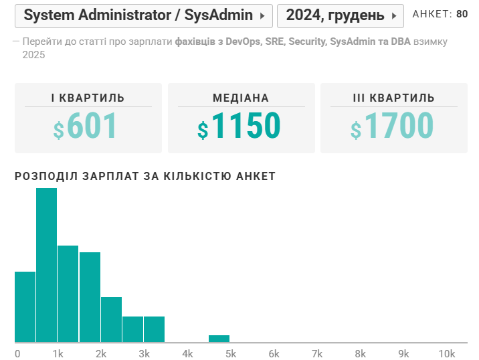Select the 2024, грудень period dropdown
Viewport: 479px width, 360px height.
click(x=340, y=15)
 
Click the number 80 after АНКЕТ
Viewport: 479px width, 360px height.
click(x=462, y=14)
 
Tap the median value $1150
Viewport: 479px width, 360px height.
click(x=239, y=126)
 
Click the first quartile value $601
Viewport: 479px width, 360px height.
click(x=86, y=126)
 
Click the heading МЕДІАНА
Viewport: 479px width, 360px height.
click(x=241, y=98)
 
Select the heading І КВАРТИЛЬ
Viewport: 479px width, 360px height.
click(x=88, y=98)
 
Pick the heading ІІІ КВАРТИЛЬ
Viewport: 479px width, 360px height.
click(x=393, y=98)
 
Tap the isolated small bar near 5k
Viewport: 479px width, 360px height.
click(x=219, y=339)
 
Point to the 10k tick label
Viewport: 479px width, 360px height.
click(x=446, y=353)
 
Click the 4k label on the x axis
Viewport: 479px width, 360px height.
click(x=187, y=353)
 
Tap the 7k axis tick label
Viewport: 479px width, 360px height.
click(x=316, y=353)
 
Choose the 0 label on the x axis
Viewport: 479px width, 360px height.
click(x=17, y=353)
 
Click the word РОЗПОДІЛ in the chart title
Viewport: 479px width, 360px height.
click(x=44, y=177)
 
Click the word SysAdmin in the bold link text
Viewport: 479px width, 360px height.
click(x=349, y=41)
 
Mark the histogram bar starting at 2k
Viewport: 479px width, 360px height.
click(x=111, y=319)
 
